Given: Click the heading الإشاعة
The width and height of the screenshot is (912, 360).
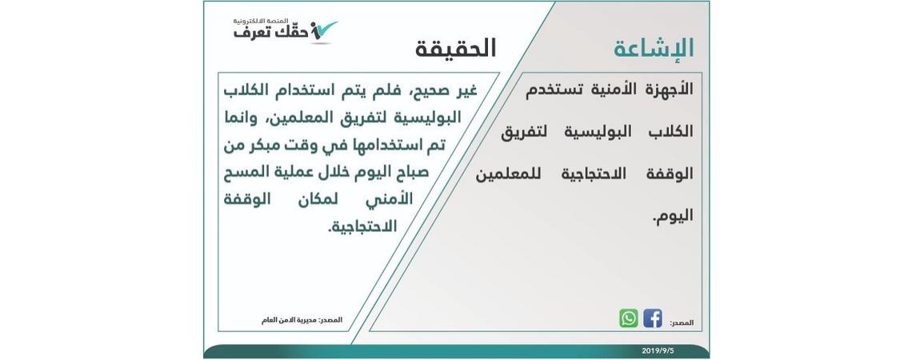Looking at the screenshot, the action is [653, 49].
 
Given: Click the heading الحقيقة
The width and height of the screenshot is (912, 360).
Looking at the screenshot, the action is [455, 49].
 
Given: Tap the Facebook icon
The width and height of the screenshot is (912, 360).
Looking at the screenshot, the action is [653, 318].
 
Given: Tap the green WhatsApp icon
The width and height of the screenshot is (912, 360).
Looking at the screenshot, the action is [629, 318].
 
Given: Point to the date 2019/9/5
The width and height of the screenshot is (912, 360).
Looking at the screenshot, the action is [658, 350].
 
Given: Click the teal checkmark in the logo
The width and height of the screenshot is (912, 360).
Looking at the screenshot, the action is [323, 29].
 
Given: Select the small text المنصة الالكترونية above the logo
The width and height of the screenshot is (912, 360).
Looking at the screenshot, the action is [261, 21].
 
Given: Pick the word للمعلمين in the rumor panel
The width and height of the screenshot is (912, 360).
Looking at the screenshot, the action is [508, 174].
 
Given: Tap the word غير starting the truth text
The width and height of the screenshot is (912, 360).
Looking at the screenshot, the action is [467, 91].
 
